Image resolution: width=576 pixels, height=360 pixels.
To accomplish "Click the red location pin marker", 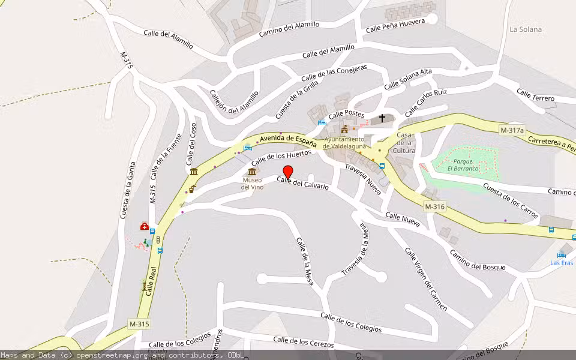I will [287, 172].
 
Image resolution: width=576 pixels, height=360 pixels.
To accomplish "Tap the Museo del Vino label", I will [252, 184].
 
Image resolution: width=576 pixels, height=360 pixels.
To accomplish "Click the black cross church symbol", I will [382, 118].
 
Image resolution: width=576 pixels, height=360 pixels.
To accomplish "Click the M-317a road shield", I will [512, 130].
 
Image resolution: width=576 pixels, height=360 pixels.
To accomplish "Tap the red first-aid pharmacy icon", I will [145, 226].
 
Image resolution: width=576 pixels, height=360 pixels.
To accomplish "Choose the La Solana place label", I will [526, 29].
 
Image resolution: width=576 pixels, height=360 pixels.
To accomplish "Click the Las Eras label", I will [562, 263].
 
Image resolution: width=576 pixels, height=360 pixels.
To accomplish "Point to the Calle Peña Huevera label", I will [395, 25].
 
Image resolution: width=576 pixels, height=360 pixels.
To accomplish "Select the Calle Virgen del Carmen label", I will [426, 279].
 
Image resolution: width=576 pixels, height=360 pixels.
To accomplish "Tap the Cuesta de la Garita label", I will [127, 190].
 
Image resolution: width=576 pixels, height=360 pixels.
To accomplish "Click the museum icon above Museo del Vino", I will [252, 172].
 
